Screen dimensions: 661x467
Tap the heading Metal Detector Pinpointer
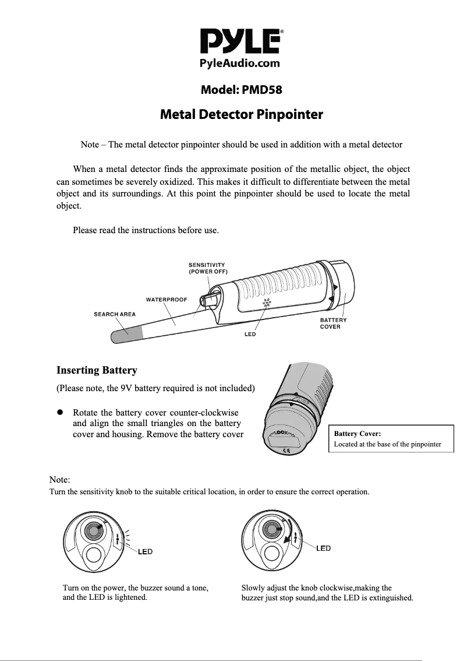click(x=241, y=114)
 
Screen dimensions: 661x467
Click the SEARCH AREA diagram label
click(x=115, y=314)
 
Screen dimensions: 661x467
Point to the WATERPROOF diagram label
click(x=166, y=299)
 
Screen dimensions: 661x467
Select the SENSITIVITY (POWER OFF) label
click(x=207, y=269)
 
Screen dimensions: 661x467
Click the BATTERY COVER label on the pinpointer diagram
click(x=333, y=323)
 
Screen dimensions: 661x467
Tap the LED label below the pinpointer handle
click(x=249, y=335)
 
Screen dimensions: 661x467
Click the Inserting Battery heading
click(x=97, y=370)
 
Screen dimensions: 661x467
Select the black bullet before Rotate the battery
click(x=59, y=412)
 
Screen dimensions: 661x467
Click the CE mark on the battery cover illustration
click(x=287, y=449)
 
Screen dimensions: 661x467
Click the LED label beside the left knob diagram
click(x=146, y=551)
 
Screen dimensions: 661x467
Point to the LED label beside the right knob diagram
click(x=324, y=549)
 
